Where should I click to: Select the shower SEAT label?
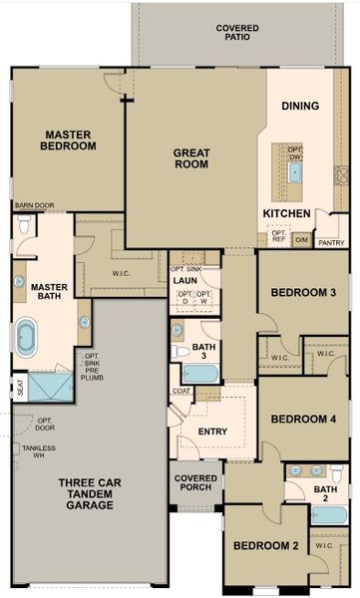click(x=20, y=388)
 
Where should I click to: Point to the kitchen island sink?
click(x=295, y=171)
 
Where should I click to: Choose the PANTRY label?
click(x=330, y=242)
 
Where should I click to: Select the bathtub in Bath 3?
click(x=200, y=374)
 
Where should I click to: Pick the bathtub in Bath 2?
click(x=328, y=514)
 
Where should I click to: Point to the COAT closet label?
click(x=180, y=391)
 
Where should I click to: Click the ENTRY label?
click(x=212, y=432)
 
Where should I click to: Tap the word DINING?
click(x=299, y=106)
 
